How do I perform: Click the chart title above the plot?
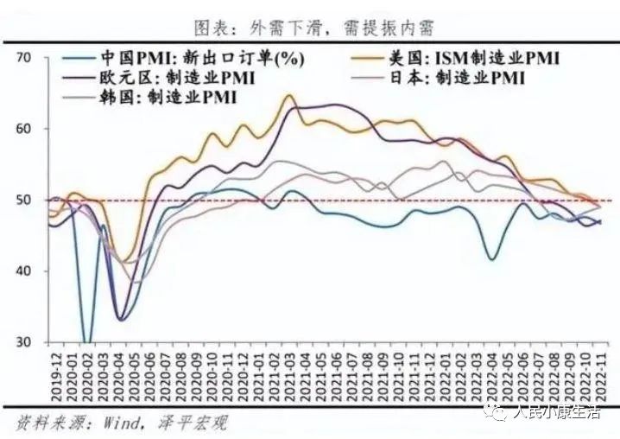(309, 28)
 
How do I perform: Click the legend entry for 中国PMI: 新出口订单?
(199, 59)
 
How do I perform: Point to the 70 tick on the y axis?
(23, 57)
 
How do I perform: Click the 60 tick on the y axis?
(23, 129)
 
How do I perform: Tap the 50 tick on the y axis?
(23, 200)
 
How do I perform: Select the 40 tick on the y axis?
(23, 271)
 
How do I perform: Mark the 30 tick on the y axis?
(23, 343)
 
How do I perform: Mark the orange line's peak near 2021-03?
(288, 95)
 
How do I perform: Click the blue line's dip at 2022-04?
(492, 259)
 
